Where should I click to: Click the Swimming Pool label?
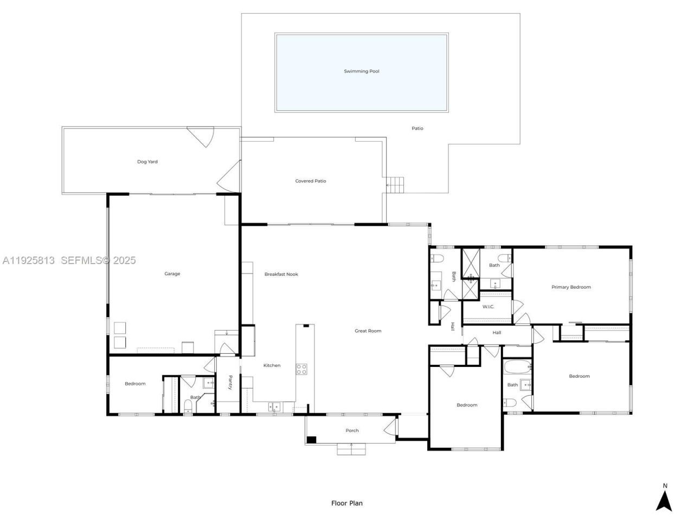click(362, 71)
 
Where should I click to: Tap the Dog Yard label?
click(147, 162)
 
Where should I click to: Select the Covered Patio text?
click(311, 181)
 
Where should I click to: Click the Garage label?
click(172, 274)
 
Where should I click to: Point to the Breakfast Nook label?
click(281, 275)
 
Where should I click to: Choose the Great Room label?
click(368, 331)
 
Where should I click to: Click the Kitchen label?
click(272, 366)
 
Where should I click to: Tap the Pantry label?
click(230, 383)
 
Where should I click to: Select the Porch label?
click(352, 431)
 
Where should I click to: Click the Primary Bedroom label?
click(571, 287)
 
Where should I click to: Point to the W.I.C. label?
click(489, 307)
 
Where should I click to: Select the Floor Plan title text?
click(347, 504)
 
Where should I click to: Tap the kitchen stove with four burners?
click(301, 370)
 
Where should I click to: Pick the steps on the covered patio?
click(396, 185)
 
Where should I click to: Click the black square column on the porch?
click(311, 440)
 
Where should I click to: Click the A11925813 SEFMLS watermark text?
click(69, 260)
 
